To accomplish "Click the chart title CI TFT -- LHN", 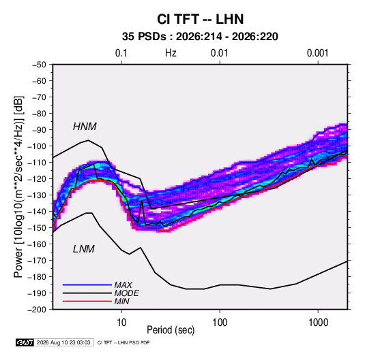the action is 200,19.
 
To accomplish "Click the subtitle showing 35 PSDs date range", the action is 200,37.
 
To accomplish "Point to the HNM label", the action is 85,127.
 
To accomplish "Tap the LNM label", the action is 84,249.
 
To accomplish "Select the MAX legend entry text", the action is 123,285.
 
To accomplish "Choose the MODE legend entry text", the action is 126,293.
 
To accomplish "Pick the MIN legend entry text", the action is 121,301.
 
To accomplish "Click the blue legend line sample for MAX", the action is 87,285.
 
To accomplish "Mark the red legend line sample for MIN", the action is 87,301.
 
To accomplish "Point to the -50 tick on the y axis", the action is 40,65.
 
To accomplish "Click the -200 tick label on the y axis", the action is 37,310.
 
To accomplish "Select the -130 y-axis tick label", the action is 37,195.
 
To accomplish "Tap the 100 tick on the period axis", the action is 220,323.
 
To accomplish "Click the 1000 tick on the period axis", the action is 318,323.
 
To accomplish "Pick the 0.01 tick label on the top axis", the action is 219,53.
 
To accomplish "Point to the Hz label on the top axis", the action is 171,53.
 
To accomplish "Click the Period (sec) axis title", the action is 171,330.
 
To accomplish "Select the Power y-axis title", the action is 18,187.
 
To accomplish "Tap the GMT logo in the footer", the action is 25,342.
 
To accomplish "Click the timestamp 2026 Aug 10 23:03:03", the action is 63,342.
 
